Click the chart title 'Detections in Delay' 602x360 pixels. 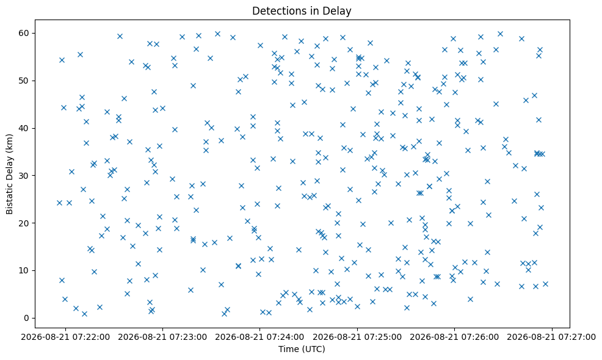[x=302, y=11]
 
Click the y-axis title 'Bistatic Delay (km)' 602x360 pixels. [x=9, y=174]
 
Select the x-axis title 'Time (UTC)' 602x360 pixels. [x=302, y=349]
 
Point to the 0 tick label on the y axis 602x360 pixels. [x=26, y=318]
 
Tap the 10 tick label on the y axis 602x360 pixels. [x=24, y=270]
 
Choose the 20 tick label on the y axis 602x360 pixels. [x=24, y=223]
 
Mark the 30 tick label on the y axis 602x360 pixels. [x=24, y=175]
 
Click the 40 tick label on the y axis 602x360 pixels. [x=24, y=128]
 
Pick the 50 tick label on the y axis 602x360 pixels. [x=24, y=81]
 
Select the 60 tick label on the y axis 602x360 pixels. [x=24, y=33]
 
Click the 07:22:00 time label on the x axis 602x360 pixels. [x=65, y=337]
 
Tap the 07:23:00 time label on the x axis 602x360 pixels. [x=162, y=337]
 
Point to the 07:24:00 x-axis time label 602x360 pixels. [x=260, y=337]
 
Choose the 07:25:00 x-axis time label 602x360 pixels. [x=357, y=337]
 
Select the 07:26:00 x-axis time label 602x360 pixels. [x=455, y=337]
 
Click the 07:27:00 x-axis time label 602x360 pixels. [x=552, y=337]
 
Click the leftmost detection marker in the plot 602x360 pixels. [x=59, y=203]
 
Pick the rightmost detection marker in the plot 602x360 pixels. [x=545, y=284]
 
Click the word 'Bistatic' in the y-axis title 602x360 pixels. [x=9, y=199]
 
